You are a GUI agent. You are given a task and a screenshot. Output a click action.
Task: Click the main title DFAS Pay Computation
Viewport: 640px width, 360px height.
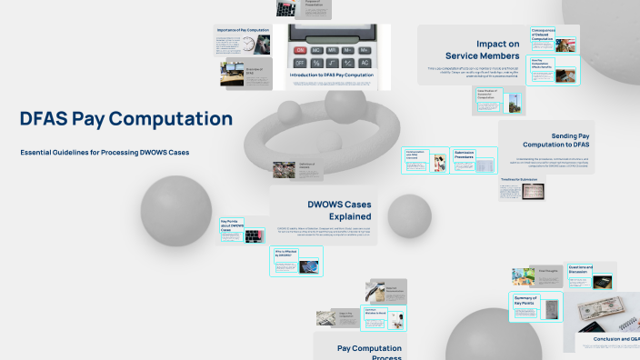click(126, 119)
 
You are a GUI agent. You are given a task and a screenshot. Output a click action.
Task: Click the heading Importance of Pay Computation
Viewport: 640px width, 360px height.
click(245, 30)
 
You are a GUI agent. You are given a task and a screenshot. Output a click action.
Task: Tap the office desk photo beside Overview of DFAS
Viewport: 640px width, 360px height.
click(232, 75)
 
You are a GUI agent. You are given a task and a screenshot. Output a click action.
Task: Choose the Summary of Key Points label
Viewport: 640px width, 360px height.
click(525, 300)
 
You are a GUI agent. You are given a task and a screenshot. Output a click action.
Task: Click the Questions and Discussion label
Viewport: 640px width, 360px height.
click(580, 268)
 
